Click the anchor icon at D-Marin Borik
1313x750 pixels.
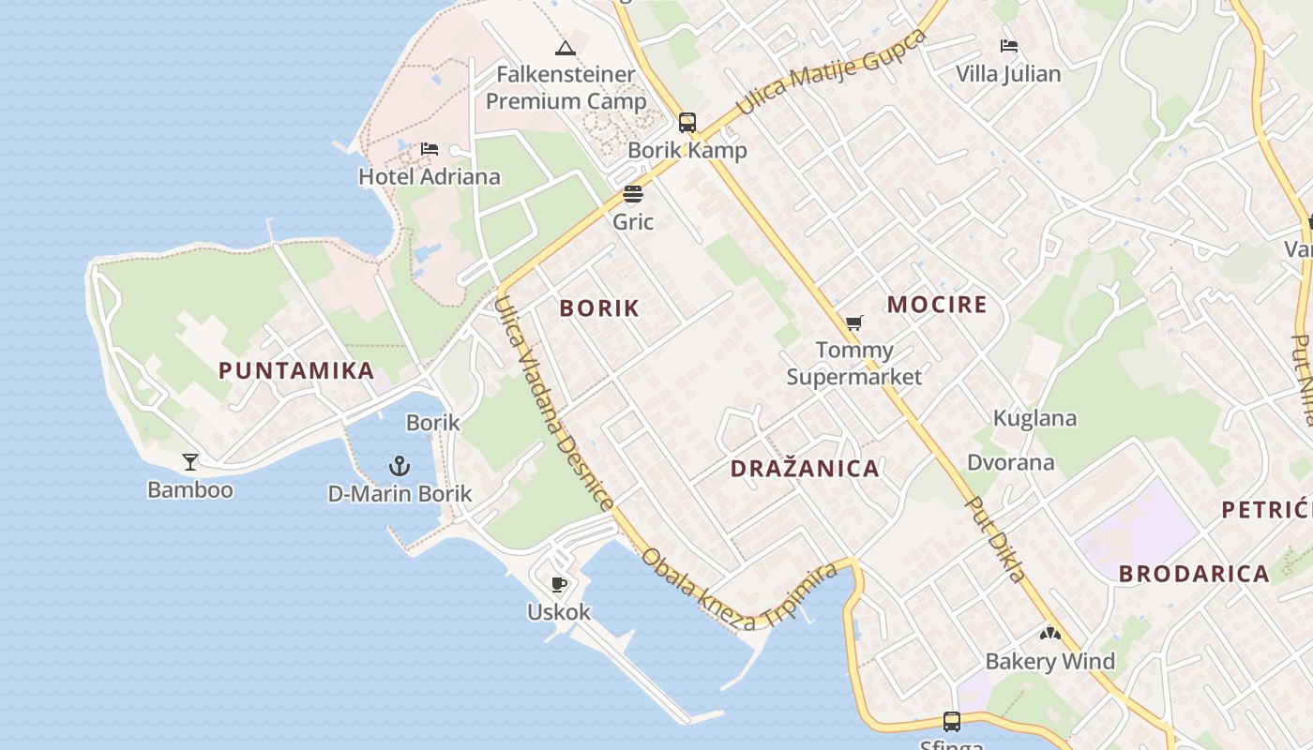(400, 466)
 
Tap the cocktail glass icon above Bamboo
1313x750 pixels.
(190, 461)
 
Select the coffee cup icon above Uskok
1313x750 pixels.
(559, 585)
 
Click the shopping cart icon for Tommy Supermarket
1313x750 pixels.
(853, 323)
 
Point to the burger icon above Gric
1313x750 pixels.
(633, 195)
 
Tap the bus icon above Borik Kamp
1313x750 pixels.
(687, 123)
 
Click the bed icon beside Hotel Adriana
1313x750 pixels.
(430, 149)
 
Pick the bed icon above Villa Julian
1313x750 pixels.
(1009, 45)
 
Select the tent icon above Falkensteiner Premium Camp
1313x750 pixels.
(565, 48)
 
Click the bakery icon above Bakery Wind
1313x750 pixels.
(1049, 634)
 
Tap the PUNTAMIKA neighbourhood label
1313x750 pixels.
(297, 370)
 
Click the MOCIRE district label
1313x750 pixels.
(937, 305)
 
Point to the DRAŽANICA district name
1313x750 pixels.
(805, 469)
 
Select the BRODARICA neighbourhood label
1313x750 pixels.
(1194, 574)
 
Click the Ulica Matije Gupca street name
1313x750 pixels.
(830, 72)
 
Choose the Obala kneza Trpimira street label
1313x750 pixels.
(739, 587)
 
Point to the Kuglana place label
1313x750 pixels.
(1034, 418)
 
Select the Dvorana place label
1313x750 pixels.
(1011, 462)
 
